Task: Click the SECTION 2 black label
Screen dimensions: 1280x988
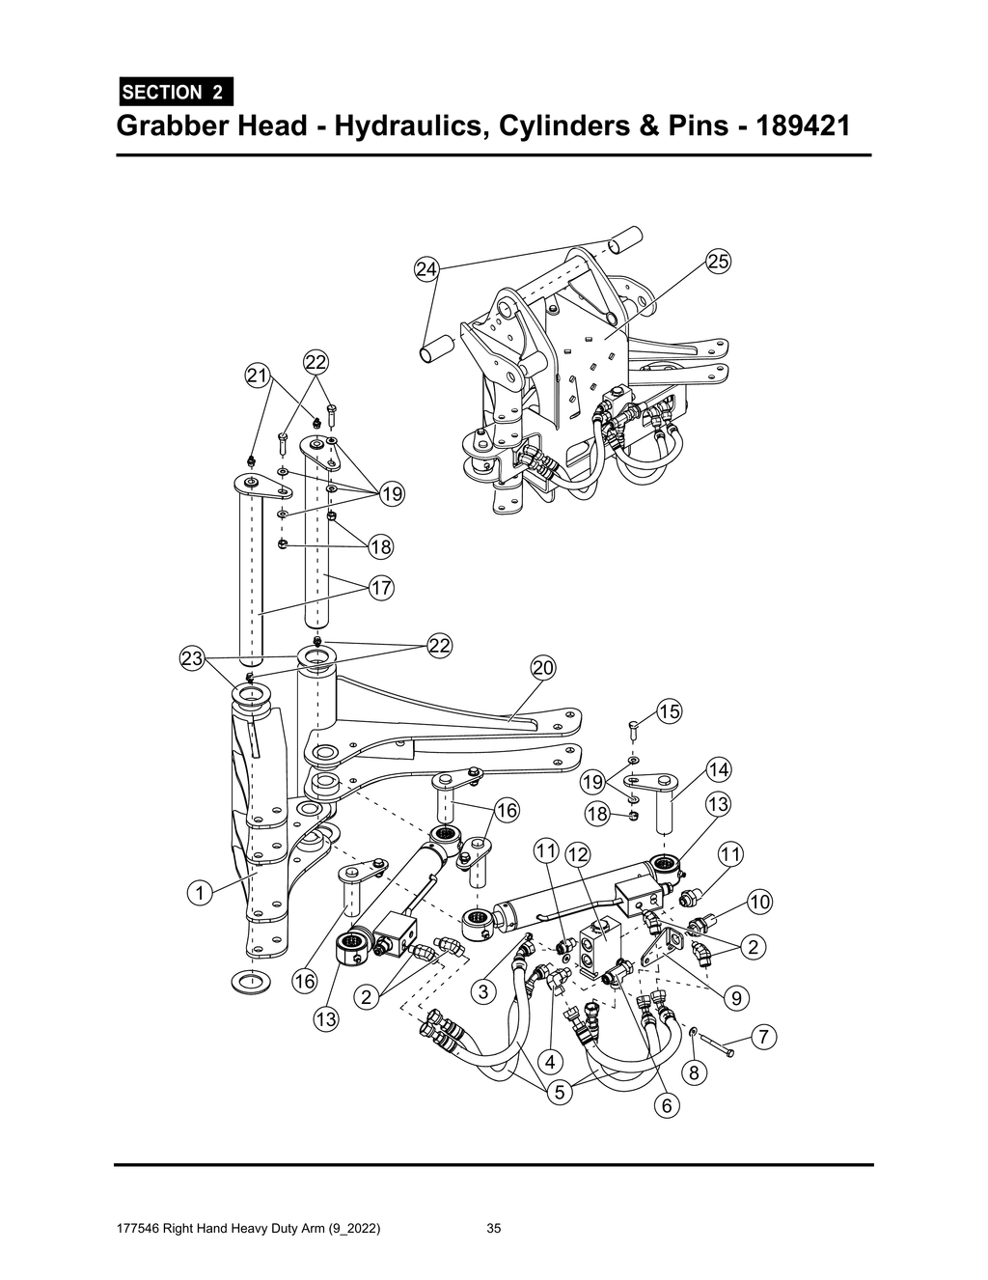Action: coord(175,93)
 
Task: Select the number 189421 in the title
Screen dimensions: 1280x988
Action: coord(796,126)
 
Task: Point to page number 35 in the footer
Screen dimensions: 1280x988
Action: coord(494,1229)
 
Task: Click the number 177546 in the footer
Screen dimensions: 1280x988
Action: coord(137,1229)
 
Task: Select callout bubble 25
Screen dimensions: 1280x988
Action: coord(718,261)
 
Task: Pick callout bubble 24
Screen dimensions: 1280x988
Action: coord(426,269)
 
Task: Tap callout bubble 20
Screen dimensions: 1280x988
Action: coord(543,668)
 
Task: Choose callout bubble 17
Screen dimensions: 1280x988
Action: coord(380,587)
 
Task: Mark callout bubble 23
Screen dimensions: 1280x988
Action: coord(192,659)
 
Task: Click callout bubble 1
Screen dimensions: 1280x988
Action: coord(199,893)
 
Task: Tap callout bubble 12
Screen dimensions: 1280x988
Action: coord(577,853)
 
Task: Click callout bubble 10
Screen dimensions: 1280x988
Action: coord(760,902)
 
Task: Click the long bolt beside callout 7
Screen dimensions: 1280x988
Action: coord(717,1043)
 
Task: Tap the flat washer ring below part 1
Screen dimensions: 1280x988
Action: coord(250,983)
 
